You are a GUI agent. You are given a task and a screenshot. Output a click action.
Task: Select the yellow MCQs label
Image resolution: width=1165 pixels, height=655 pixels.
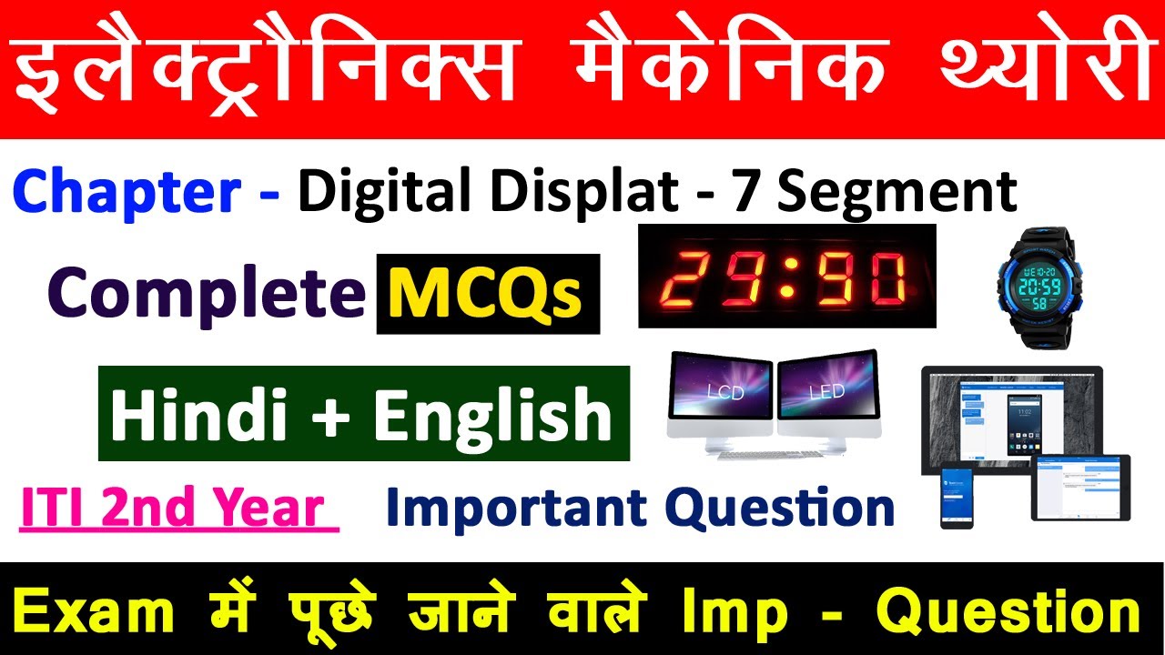488,293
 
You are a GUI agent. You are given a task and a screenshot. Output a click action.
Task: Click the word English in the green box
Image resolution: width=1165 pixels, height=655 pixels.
492,415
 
